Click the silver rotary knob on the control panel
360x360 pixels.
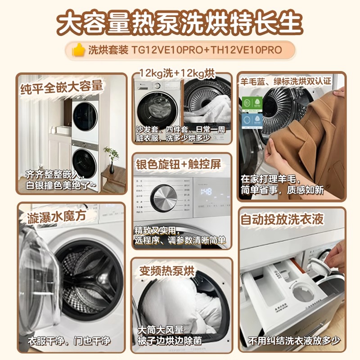163,197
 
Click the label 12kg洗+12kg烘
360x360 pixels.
177,72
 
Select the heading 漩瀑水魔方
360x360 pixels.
56,216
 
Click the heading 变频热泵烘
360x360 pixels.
167,270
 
